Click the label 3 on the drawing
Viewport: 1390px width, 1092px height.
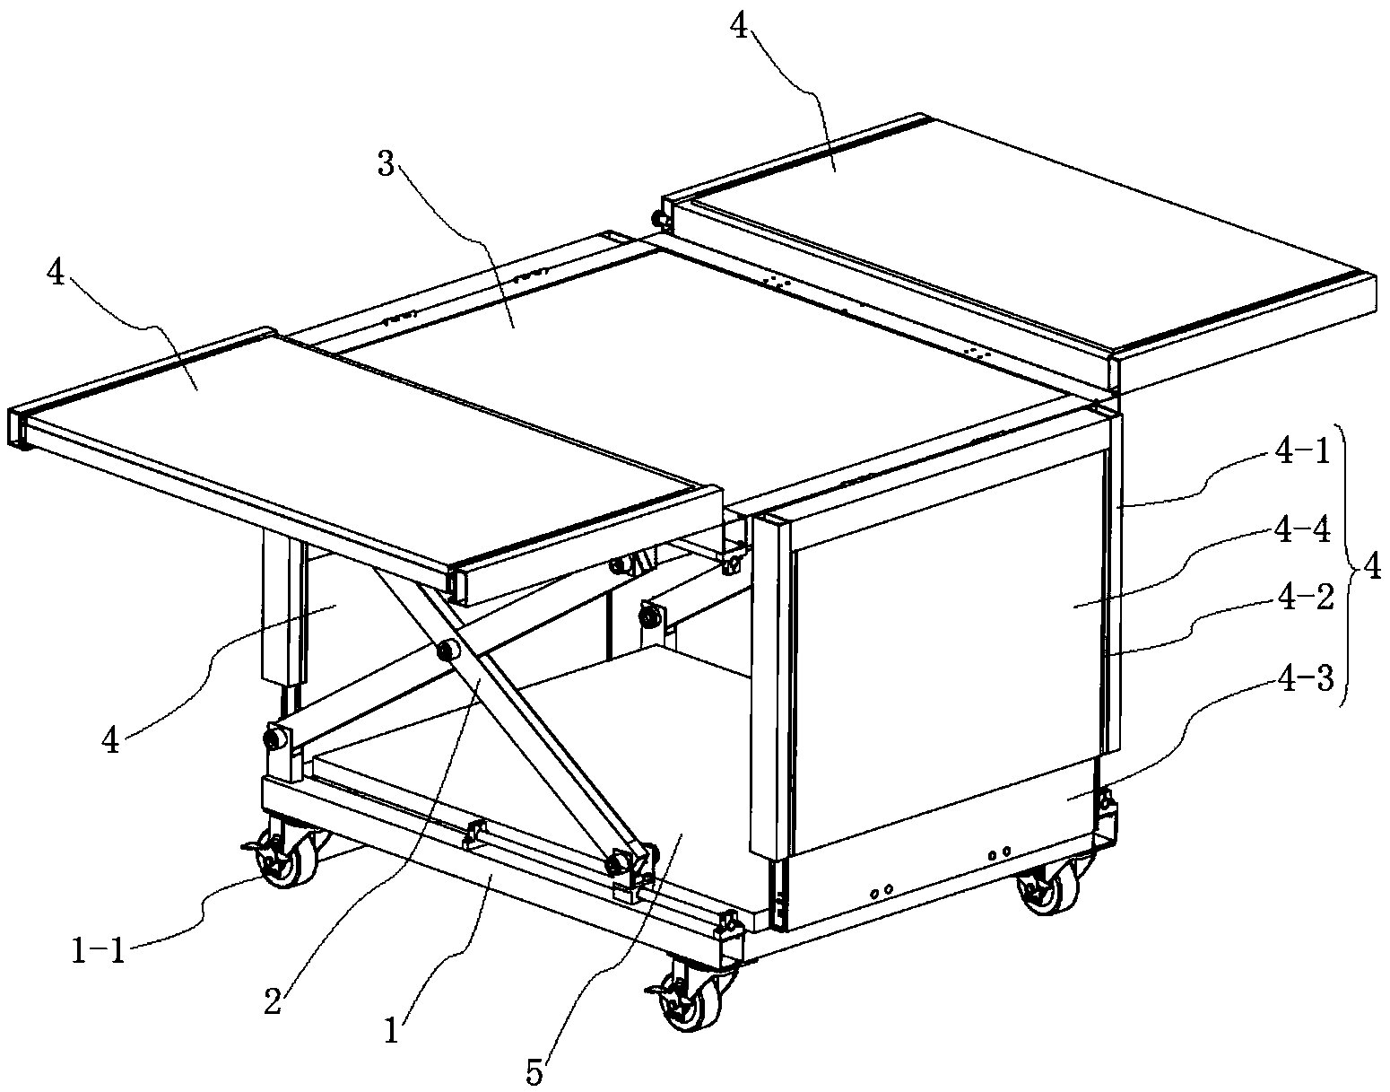point(385,165)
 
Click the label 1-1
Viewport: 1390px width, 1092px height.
point(98,948)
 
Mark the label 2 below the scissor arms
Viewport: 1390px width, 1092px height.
point(274,1000)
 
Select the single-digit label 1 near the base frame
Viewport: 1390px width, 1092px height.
point(392,1031)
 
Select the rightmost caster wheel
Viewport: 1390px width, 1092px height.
point(1049,886)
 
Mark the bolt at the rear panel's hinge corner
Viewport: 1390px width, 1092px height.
point(659,220)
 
